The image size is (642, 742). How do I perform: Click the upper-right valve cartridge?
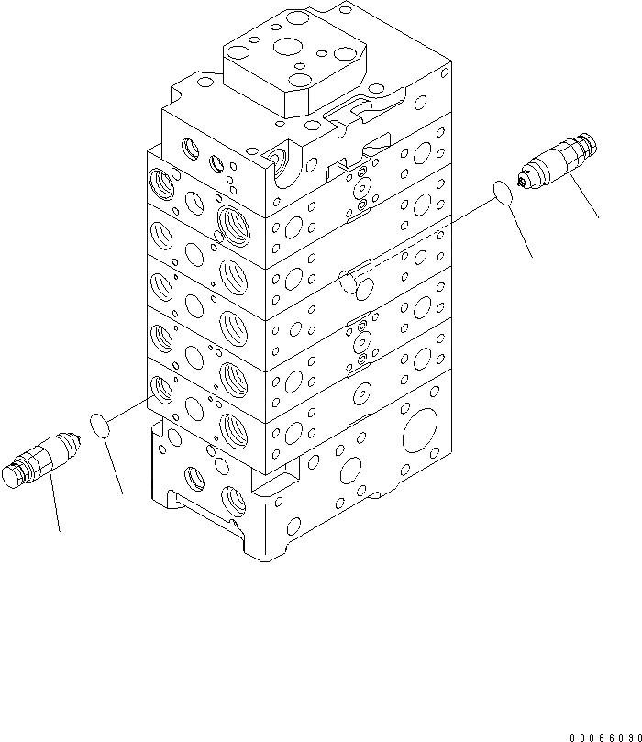click(559, 163)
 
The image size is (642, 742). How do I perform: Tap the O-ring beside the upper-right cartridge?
click(502, 193)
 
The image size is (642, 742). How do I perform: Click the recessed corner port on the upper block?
click(280, 162)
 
